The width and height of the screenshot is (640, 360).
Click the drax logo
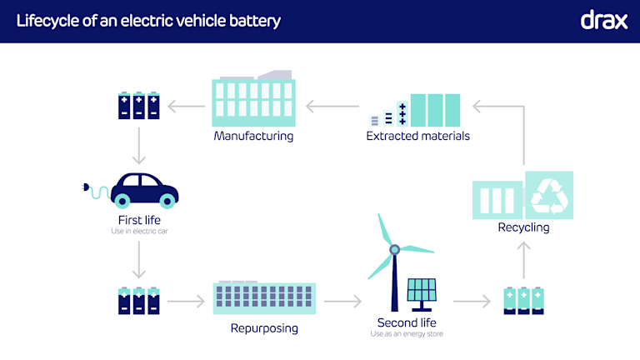(x=603, y=20)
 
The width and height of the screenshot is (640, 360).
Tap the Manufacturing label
(x=253, y=135)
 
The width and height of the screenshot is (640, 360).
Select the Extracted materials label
(x=418, y=135)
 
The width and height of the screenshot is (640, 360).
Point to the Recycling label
(x=523, y=227)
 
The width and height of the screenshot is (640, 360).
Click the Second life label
(x=407, y=322)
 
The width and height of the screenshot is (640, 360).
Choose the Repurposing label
(x=264, y=328)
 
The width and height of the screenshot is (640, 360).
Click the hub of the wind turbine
(x=395, y=248)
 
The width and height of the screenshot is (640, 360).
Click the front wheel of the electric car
(x=167, y=200)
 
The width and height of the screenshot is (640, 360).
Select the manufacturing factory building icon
(x=253, y=101)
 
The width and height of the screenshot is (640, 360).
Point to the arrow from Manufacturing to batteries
(x=186, y=106)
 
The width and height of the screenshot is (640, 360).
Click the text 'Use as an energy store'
(x=407, y=334)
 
